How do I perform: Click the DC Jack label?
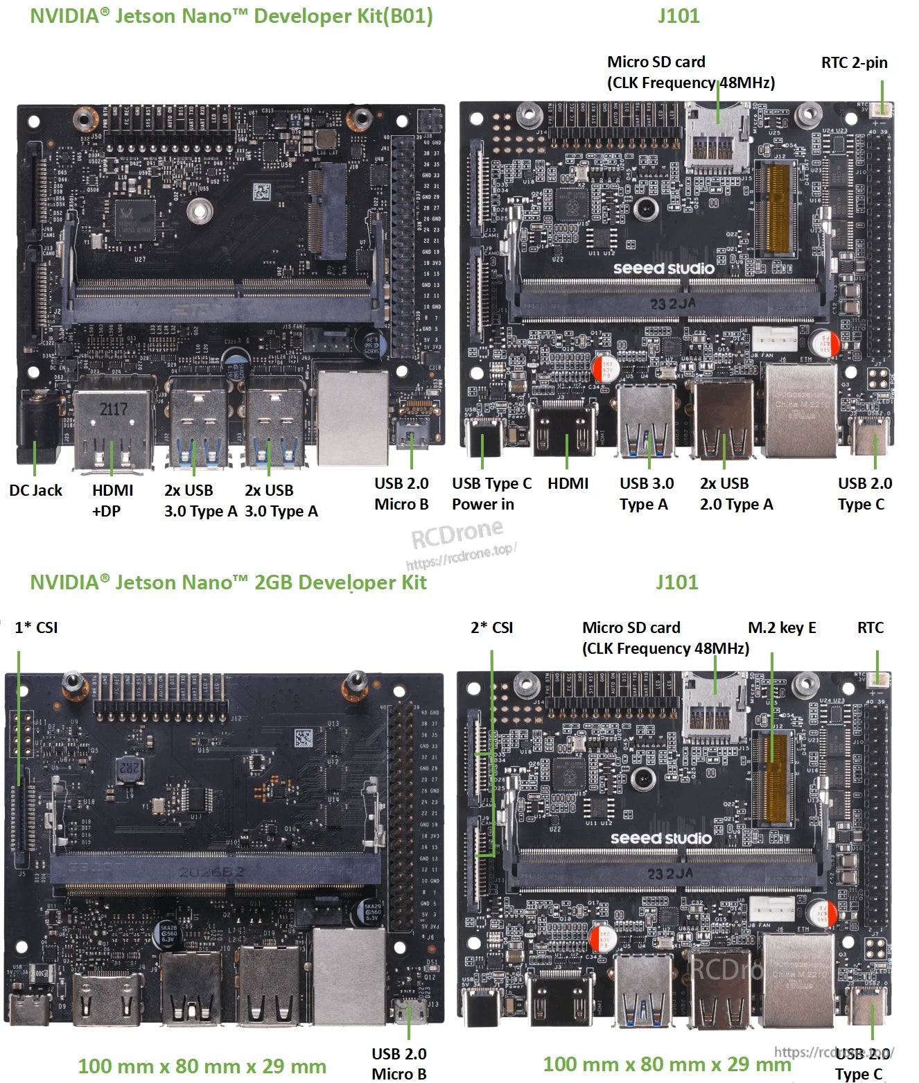click(35, 490)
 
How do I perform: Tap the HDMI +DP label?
click(112, 501)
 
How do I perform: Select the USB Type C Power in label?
click(491, 494)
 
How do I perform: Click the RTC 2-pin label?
click(854, 62)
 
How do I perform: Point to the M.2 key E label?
click(782, 627)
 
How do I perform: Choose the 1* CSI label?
click(36, 627)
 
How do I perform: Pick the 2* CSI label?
click(491, 627)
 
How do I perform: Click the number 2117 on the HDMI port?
click(113, 409)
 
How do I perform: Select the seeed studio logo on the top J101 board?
click(663, 268)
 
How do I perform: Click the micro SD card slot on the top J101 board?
click(717, 139)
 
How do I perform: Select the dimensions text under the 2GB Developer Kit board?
click(202, 1066)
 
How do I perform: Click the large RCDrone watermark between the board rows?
click(457, 532)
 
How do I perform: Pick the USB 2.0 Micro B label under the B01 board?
click(401, 494)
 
